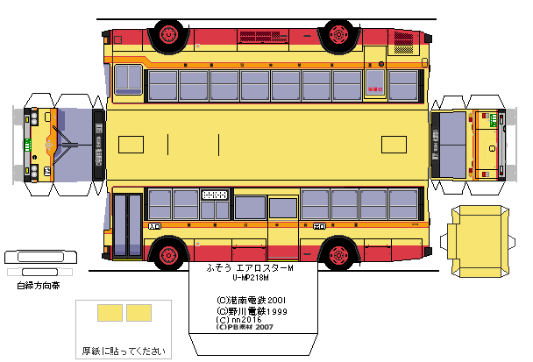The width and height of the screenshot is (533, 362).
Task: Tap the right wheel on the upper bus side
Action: pyautogui.click(x=337, y=34)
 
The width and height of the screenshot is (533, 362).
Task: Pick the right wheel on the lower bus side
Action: pyautogui.click(x=337, y=255)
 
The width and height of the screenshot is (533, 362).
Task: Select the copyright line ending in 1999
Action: pyautogui.click(x=252, y=310)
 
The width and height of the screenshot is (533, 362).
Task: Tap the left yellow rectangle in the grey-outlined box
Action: pyautogui.click(x=109, y=312)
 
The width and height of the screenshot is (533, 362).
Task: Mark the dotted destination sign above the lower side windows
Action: pyautogui.click(x=216, y=195)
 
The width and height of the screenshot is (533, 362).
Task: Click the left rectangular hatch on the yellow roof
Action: pyautogui.click(x=131, y=144)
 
